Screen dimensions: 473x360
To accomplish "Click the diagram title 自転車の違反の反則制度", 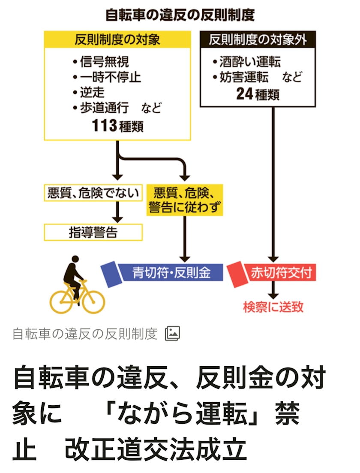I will pos(180,15).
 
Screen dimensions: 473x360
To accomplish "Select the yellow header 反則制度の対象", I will pos(117,39).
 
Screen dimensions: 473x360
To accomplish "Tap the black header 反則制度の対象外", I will pos(258,39).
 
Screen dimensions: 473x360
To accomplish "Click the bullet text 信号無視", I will pos(104,62).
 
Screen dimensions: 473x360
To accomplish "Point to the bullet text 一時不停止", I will pos(110,78).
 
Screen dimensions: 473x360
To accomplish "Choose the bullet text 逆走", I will pos(92,93).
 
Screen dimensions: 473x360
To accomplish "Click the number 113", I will pos(104,126).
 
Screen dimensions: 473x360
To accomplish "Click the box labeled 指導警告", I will pos(93,232).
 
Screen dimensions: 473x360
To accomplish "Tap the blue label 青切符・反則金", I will pos(171,273).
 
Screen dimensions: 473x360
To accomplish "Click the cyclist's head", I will pos(75,260).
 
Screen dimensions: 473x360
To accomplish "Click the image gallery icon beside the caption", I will pos(172,333).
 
